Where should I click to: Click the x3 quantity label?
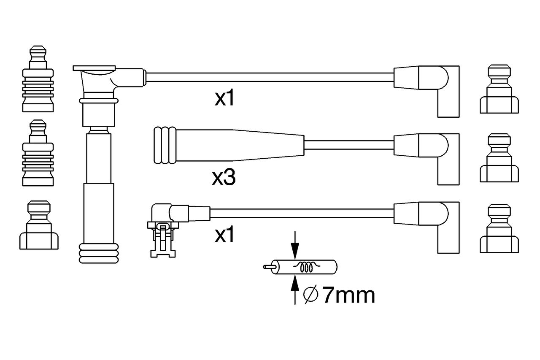224,178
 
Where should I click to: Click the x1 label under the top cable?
224,97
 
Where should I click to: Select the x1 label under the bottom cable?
224,234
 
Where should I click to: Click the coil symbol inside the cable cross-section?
306,267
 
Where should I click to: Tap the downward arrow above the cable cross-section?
295,245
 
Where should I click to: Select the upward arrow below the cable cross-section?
295,290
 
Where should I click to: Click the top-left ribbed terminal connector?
38,79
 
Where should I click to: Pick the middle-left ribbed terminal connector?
38,153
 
